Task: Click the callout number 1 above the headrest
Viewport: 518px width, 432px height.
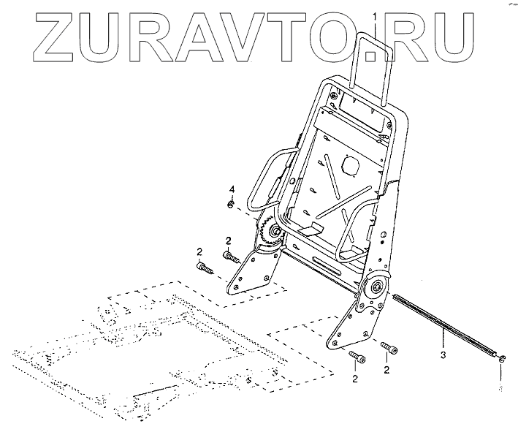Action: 375,16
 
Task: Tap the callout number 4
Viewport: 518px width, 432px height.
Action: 232,190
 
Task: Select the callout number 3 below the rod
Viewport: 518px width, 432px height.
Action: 443,356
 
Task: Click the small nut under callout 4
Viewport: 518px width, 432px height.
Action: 231,205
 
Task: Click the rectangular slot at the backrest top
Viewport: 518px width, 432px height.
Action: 358,110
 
